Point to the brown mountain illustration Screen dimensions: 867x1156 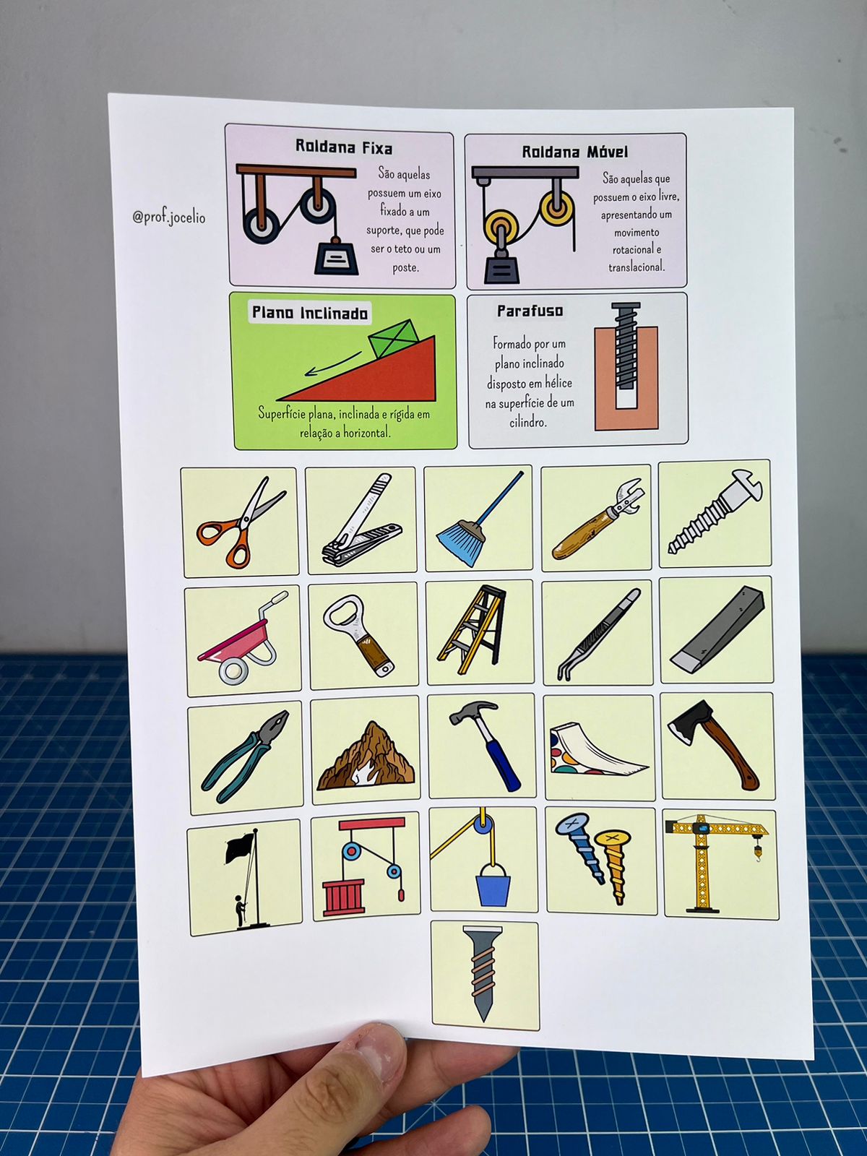click(366, 756)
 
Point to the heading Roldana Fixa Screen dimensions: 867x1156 click(344, 147)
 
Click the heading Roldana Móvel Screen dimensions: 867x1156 click(575, 152)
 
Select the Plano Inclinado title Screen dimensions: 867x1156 click(309, 313)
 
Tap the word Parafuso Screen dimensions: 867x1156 click(530, 311)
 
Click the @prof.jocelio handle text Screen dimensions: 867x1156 click(169, 217)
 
